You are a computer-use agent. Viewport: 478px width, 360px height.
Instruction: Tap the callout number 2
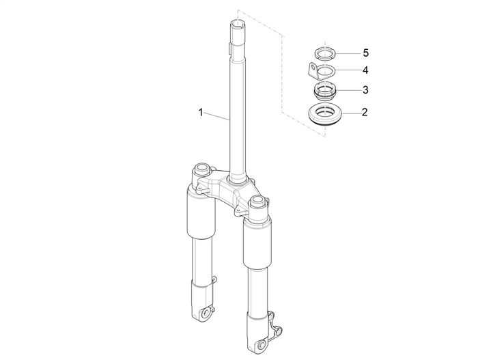point(365,112)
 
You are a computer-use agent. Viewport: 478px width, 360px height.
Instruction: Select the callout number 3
point(365,89)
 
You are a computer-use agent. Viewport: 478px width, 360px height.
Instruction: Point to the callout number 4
point(365,70)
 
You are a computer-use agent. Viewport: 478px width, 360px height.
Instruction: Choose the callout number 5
point(365,53)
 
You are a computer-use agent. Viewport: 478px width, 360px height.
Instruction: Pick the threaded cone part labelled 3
point(326,89)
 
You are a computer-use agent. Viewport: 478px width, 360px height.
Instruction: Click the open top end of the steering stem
point(238,25)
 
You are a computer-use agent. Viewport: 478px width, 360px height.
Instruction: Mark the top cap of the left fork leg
point(201,169)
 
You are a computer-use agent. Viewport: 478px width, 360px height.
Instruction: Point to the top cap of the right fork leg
point(257,201)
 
